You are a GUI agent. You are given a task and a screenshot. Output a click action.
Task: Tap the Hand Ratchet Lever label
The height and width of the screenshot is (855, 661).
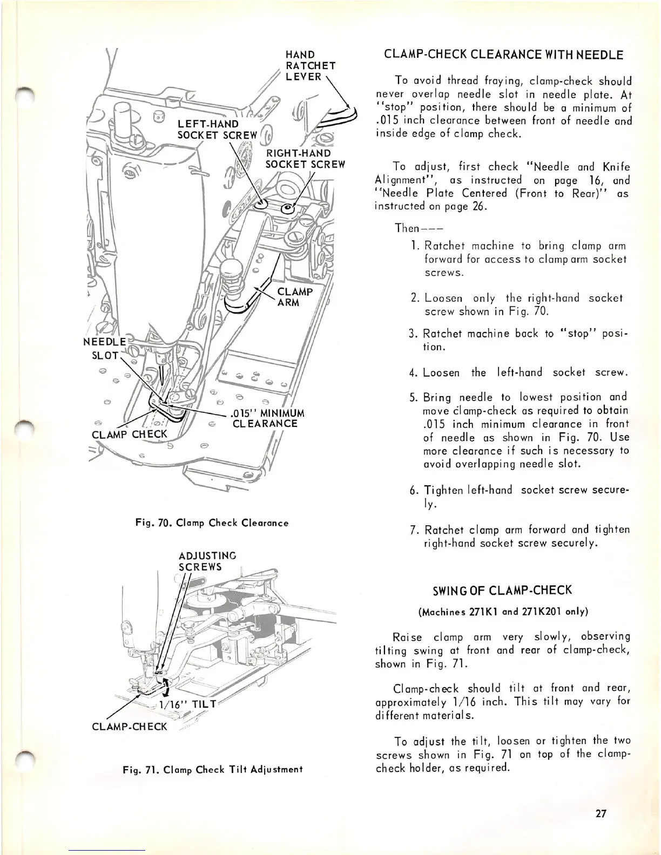[311, 66]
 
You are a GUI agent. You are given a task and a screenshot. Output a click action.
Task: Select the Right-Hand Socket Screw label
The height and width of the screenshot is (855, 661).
[305, 159]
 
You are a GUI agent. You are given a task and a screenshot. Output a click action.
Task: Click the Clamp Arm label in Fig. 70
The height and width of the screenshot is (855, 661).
[294, 297]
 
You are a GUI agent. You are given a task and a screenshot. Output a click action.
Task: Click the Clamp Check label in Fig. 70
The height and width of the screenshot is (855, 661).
[130, 435]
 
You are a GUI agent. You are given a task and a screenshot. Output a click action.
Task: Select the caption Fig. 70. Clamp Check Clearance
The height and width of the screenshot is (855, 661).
[212, 522]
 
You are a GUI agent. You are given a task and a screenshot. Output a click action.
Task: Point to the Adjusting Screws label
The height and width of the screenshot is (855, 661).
[207, 561]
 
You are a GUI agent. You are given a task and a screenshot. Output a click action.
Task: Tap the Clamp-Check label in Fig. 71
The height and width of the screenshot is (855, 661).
[130, 727]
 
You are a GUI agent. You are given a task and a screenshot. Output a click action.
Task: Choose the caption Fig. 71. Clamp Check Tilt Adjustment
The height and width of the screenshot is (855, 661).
[211, 769]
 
